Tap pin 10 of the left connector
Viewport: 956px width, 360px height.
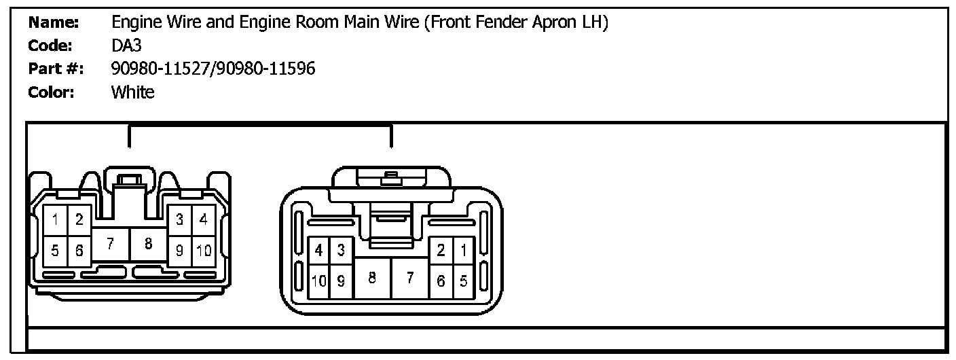[204, 251]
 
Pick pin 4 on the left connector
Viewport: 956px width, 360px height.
[203, 219]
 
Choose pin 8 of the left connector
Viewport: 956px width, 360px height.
[148, 244]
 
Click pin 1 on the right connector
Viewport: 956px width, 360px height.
[464, 251]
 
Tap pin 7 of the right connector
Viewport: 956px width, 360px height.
[409, 277]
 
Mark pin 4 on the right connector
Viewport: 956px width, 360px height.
[318, 251]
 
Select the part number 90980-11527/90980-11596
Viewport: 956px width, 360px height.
[213, 68]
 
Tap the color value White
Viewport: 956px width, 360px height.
[132, 92]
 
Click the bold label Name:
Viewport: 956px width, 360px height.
[54, 22]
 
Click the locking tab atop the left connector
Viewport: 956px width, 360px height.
[128, 182]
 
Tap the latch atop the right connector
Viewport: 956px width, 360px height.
[390, 179]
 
